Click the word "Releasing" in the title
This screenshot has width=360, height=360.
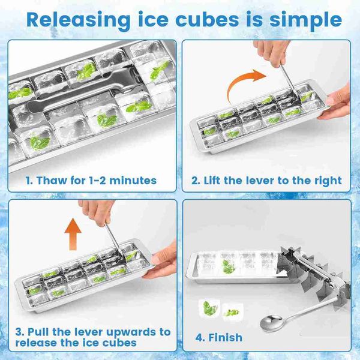tap(78, 20)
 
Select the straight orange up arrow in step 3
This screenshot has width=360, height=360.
tap(73, 234)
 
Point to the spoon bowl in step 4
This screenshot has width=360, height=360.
tap(271, 323)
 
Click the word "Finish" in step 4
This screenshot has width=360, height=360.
tap(225, 337)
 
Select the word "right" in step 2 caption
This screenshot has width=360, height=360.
tap(329, 181)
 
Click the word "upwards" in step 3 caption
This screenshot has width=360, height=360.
tap(131, 332)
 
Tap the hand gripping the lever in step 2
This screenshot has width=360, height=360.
tap(272, 52)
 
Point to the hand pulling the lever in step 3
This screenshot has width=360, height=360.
tap(97, 212)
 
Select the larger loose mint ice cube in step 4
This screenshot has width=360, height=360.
tap(209, 308)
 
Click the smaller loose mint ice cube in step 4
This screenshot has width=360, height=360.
tap(232, 312)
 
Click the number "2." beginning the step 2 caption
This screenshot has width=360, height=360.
tap(196, 181)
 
